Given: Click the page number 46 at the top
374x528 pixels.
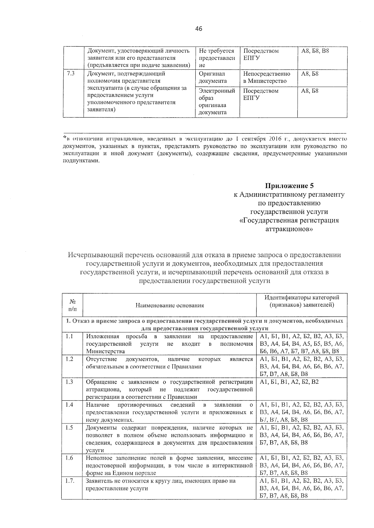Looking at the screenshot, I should click(x=199, y=29).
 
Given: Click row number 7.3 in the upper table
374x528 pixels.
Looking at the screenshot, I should click(x=70, y=74).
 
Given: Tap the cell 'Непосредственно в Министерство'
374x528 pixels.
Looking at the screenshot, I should click(x=266, y=77).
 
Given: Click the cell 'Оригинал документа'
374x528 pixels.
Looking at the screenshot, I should click(x=213, y=77).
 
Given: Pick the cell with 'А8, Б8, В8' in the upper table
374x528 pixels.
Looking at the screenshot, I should click(x=315, y=51).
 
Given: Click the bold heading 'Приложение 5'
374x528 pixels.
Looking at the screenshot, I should click(x=289, y=186).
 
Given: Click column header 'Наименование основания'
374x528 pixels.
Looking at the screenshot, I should click(x=170, y=305).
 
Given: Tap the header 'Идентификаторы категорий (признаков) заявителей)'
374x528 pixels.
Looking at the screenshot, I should click(x=302, y=301).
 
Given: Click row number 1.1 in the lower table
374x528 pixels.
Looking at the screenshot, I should click(x=70, y=337).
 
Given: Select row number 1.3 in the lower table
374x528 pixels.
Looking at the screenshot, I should click(x=70, y=382).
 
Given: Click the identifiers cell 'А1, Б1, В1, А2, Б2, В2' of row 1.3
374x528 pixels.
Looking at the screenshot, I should click(x=289, y=382).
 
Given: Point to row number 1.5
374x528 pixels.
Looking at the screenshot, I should click(x=70, y=428).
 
